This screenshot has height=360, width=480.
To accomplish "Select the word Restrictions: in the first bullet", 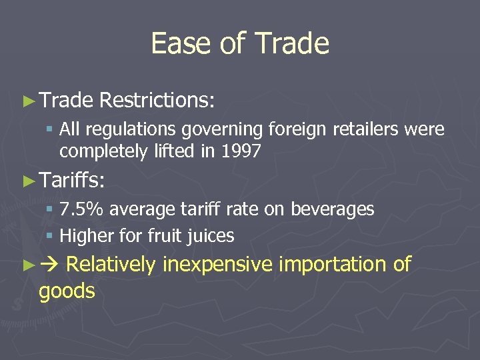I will coord(157,101).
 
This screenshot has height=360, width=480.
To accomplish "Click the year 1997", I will coord(239,151).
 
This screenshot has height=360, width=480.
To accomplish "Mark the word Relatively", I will coord(111,265).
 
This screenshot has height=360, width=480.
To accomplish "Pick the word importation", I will coord(333,265).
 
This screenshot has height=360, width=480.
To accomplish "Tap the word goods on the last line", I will coord(67,291).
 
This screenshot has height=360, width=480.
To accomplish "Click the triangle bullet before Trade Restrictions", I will coord(28,101).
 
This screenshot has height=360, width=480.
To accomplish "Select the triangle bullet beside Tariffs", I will coord(28,181).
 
